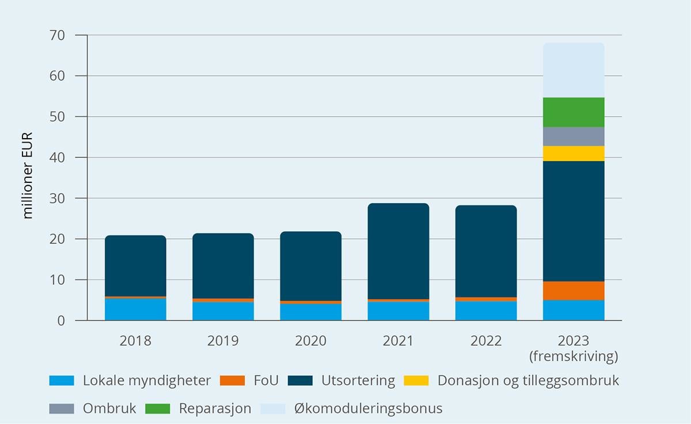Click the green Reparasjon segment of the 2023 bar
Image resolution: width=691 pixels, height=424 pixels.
click(x=574, y=112)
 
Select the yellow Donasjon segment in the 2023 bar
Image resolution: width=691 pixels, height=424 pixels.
click(x=574, y=154)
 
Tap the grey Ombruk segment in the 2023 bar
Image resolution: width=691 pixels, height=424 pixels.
click(x=574, y=136)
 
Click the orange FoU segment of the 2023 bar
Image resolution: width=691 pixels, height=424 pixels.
click(x=574, y=291)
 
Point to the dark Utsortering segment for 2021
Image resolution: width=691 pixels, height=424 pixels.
click(x=398, y=251)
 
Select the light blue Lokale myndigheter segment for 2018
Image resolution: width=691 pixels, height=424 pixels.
click(x=135, y=309)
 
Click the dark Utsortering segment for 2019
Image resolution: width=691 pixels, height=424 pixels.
click(x=223, y=266)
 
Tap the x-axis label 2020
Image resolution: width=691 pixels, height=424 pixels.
click(x=310, y=341)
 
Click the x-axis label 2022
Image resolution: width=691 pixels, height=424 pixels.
click(x=486, y=341)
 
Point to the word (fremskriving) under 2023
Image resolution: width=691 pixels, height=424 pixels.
click(x=574, y=357)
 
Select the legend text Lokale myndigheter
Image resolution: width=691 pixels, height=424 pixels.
click(x=147, y=380)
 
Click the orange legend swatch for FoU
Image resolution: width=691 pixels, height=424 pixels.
click(x=234, y=380)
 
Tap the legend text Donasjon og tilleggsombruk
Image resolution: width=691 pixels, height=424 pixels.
click(x=528, y=380)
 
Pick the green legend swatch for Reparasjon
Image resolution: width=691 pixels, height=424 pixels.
click(x=158, y=409)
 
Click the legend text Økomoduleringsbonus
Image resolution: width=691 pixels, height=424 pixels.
click(x=368, y=409)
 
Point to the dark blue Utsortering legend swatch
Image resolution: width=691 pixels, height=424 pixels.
click(x=300, y=380)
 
